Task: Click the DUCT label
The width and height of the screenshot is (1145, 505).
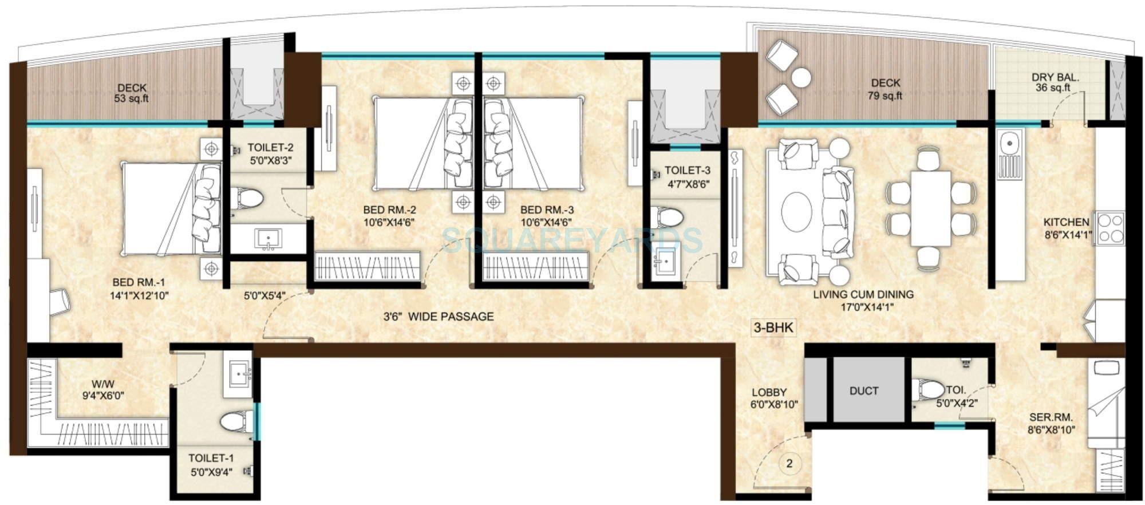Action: tap(863, 391)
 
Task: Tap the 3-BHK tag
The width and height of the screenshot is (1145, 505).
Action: tap(773, 328)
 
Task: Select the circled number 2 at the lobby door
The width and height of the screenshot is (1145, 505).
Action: tap(789, 463)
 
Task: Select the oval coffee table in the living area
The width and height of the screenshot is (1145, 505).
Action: tap(797, 212)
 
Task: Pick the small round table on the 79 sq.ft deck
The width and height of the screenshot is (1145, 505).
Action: tap(801, 77)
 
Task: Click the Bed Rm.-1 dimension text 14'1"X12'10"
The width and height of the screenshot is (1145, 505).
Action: tap(139, 295)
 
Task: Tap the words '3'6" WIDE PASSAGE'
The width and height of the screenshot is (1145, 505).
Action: tap(438, 316)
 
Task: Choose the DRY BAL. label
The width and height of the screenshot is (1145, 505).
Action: tap(1055, 77)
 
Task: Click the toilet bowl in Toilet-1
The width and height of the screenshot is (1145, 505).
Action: tap(236, 421)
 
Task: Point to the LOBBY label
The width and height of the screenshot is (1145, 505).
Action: tap(769, 392)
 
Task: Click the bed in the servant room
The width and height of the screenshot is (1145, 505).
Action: tap(1105, 404)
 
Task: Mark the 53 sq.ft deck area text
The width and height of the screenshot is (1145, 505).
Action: tap(132, 98)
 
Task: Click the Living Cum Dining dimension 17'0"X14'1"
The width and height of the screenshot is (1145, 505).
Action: tap(863, 307)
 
